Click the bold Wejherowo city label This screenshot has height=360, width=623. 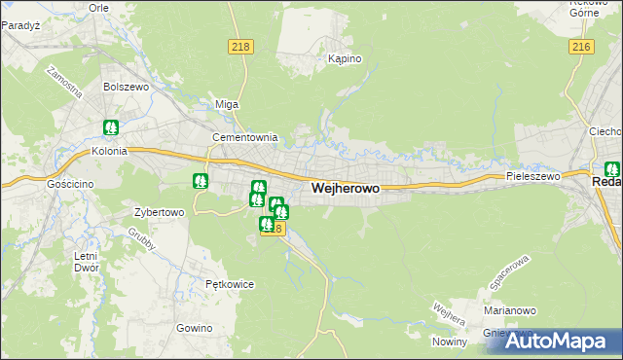pos(345,188)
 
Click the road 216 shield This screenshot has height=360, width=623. pos(581,47)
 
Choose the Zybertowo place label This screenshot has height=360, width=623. pos(159,212)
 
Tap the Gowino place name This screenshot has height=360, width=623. pos(195,328)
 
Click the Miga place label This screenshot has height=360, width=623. pos(227,104)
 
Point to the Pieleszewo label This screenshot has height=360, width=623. pos(533,176)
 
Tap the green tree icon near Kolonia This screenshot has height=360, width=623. pos(111,127)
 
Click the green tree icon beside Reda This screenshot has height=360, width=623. pos(612,168)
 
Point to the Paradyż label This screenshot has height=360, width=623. pos(19,25)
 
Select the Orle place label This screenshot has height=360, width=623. pos(98,7)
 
